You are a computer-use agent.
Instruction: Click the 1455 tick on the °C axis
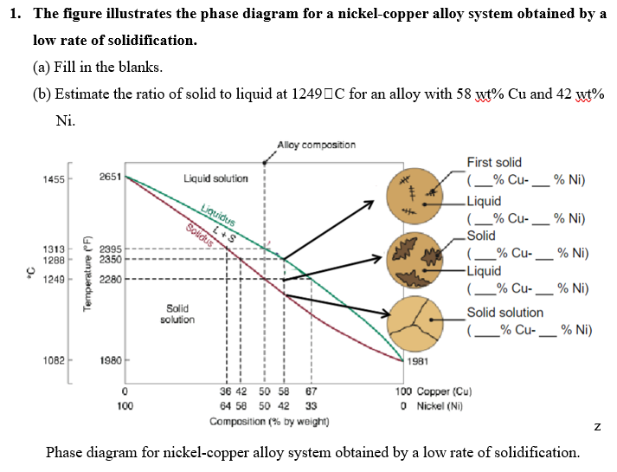coord(54,178)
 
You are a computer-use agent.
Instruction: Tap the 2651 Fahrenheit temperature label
coord(110,178)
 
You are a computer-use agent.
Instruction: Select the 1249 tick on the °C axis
coord(54,279)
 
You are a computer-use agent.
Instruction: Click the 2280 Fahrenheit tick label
coord(110,279)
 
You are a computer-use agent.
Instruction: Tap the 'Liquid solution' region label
coord(215,178)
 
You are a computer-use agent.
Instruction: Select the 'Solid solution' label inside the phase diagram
coord(177,314)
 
